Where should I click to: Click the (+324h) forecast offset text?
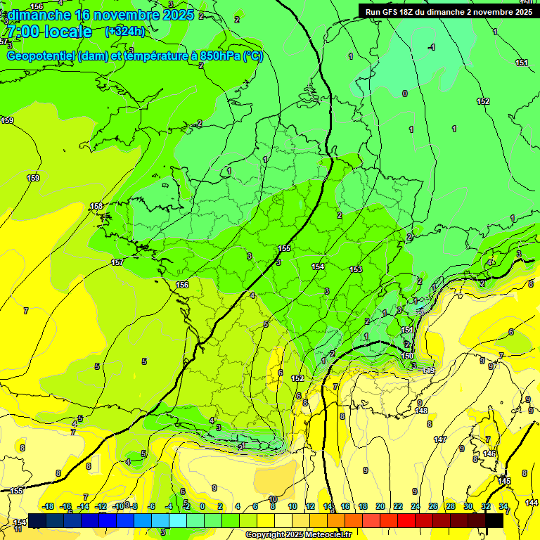point(124,31)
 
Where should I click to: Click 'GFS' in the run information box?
point(392,11)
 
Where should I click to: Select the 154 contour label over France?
point(318,266)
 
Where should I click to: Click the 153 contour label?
point(356,269)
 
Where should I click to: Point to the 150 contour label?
point(407,356)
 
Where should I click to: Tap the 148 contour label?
point(421,411)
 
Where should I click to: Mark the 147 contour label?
point(440,439)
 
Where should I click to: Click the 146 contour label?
point(489,454)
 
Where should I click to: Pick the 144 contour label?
point(532,502)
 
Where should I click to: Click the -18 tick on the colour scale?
point(49,506)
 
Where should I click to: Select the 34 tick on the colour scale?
point(503,506)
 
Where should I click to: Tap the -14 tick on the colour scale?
point(84,506)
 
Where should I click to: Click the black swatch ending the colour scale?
point(494,520)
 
